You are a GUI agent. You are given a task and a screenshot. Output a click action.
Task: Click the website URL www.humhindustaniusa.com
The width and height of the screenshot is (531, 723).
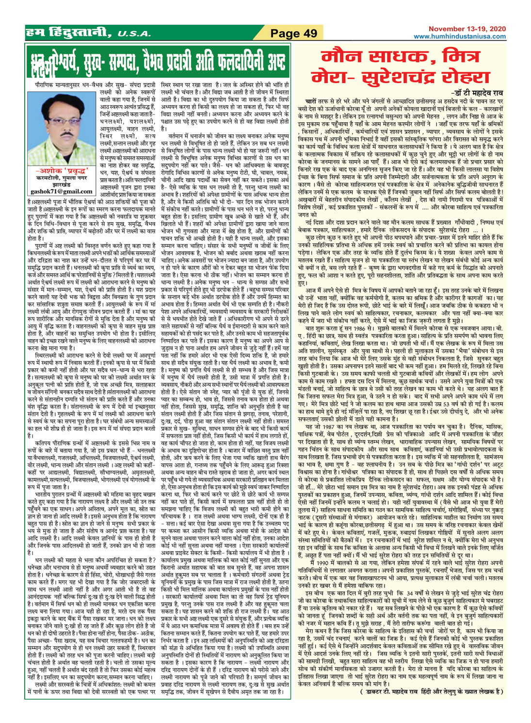coord(459,36)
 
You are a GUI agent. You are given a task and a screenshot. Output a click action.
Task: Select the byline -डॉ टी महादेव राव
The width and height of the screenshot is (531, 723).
coord(473,93)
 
